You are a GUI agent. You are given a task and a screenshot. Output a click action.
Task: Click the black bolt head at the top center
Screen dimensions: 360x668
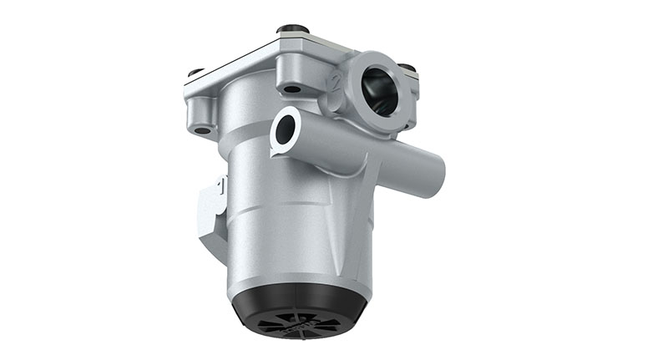[289, 29]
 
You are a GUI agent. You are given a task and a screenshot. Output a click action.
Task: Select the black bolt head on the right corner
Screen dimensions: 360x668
[407, 67]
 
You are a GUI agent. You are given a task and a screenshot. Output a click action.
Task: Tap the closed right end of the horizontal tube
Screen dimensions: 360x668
[437, 172]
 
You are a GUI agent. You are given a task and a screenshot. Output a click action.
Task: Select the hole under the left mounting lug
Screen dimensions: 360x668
[203, 129]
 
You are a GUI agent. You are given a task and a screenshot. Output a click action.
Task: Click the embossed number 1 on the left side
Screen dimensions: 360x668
[219, 185]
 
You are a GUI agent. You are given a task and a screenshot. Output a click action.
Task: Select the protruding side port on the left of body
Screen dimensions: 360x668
[208, 213]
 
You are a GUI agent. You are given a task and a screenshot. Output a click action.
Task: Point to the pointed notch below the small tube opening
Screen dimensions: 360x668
[276, 153]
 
